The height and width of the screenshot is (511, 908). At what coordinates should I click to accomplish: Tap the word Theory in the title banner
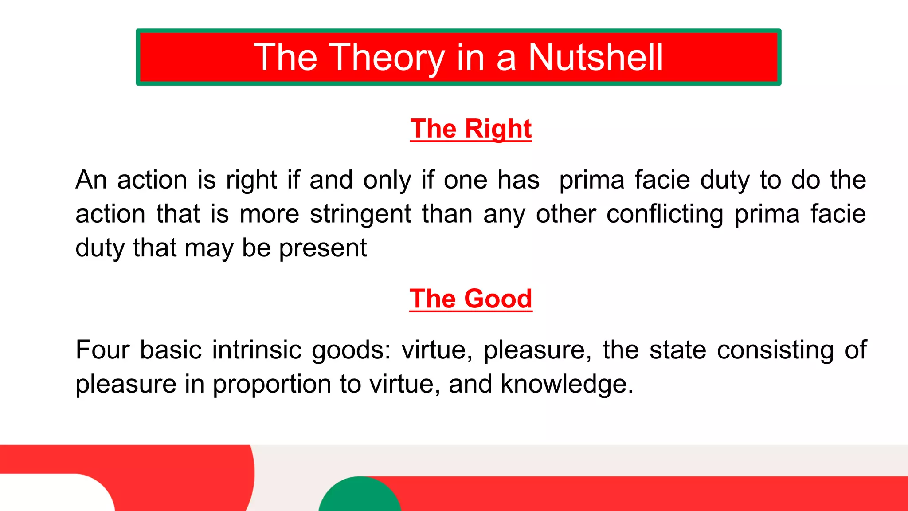(386, 58)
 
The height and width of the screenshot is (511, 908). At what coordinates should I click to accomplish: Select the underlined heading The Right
(470, 129)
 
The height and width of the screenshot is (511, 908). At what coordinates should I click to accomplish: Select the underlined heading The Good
(470, 299)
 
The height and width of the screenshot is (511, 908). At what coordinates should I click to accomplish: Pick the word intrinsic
(257, 350)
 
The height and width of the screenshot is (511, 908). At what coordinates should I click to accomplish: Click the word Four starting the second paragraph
(102, 350)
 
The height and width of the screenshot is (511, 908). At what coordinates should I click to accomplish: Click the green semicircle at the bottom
(360, 496)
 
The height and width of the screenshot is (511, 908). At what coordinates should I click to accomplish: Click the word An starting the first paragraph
(91, 180)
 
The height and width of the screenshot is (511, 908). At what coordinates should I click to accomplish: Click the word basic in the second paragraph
(171, 350)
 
